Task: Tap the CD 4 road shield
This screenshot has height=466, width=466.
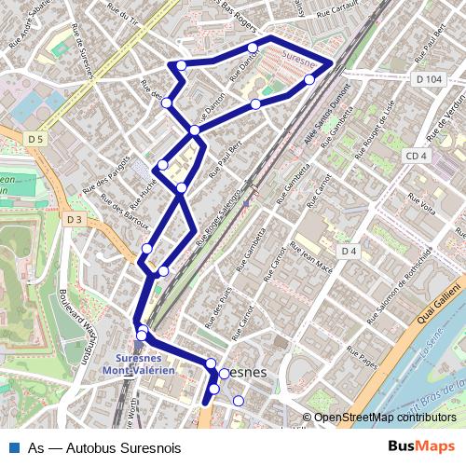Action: pyautogui.click(x=416, y=156)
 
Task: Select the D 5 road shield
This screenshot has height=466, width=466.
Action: pyautogui.click(x=35, y=139)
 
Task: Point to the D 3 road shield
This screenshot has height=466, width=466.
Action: pyautogui.click(x=75, y=219)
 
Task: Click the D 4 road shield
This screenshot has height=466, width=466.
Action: pyautogui.click(x=349, y=252)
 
